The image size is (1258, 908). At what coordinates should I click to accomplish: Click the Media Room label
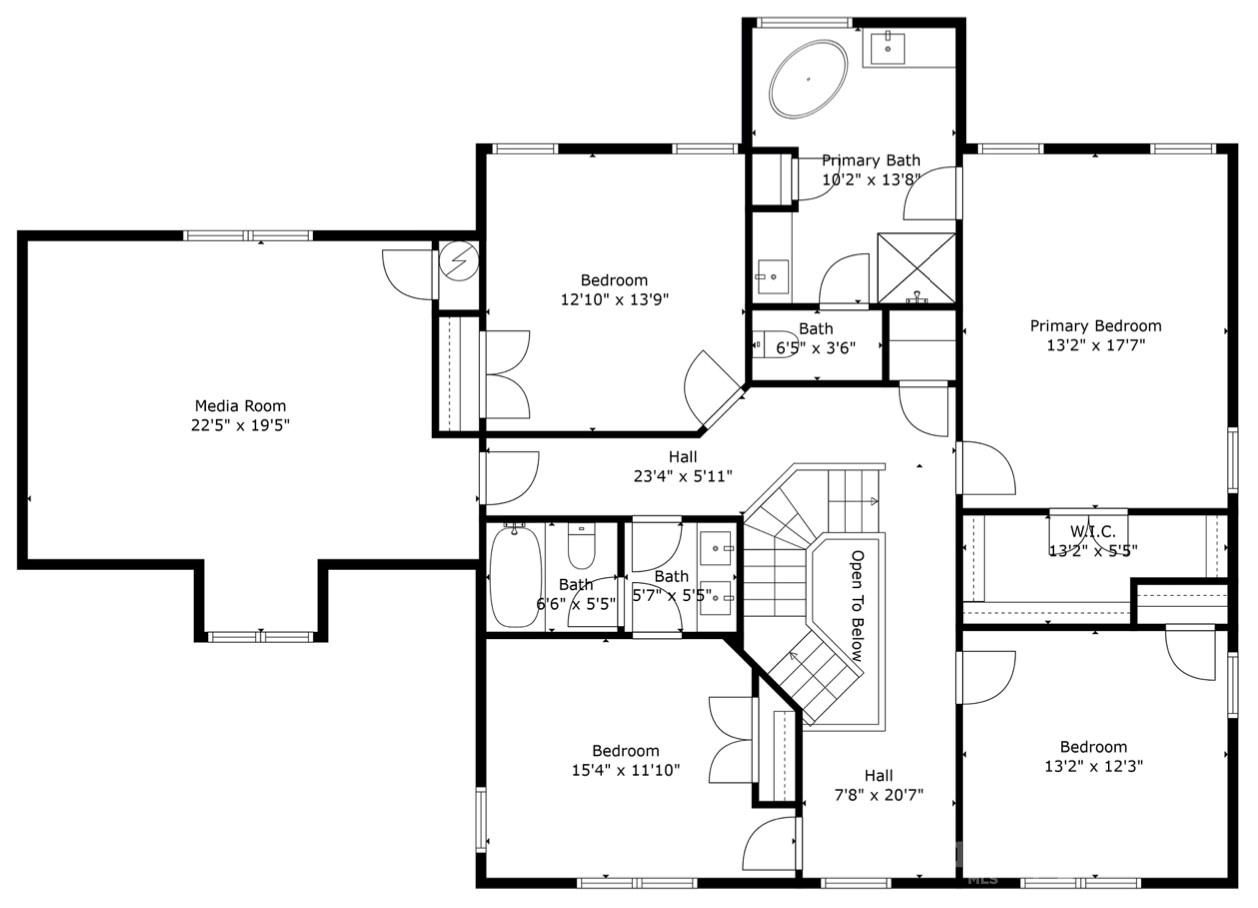(x=240, y=406)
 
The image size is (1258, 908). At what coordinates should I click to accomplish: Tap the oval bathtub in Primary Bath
(x=808, y=78)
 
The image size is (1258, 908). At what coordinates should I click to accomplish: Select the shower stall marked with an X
(x=916, y=268)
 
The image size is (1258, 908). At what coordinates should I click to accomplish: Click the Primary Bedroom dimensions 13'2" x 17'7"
(x=1096, y=345)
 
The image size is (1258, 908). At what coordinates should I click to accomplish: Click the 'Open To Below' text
(x=857, y=606)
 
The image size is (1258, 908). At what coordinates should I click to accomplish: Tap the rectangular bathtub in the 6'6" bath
(x=515, y=576)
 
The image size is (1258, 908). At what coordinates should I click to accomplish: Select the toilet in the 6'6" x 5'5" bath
(x=582, y=546)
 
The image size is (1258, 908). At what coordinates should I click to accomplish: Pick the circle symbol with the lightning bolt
(x=460, y=261)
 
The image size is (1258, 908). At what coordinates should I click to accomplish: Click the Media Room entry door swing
(x=408, y=272)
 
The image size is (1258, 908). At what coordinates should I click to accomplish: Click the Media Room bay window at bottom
(x=261, y=636)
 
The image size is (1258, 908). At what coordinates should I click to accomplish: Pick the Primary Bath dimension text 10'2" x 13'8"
(x=870, y=179)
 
